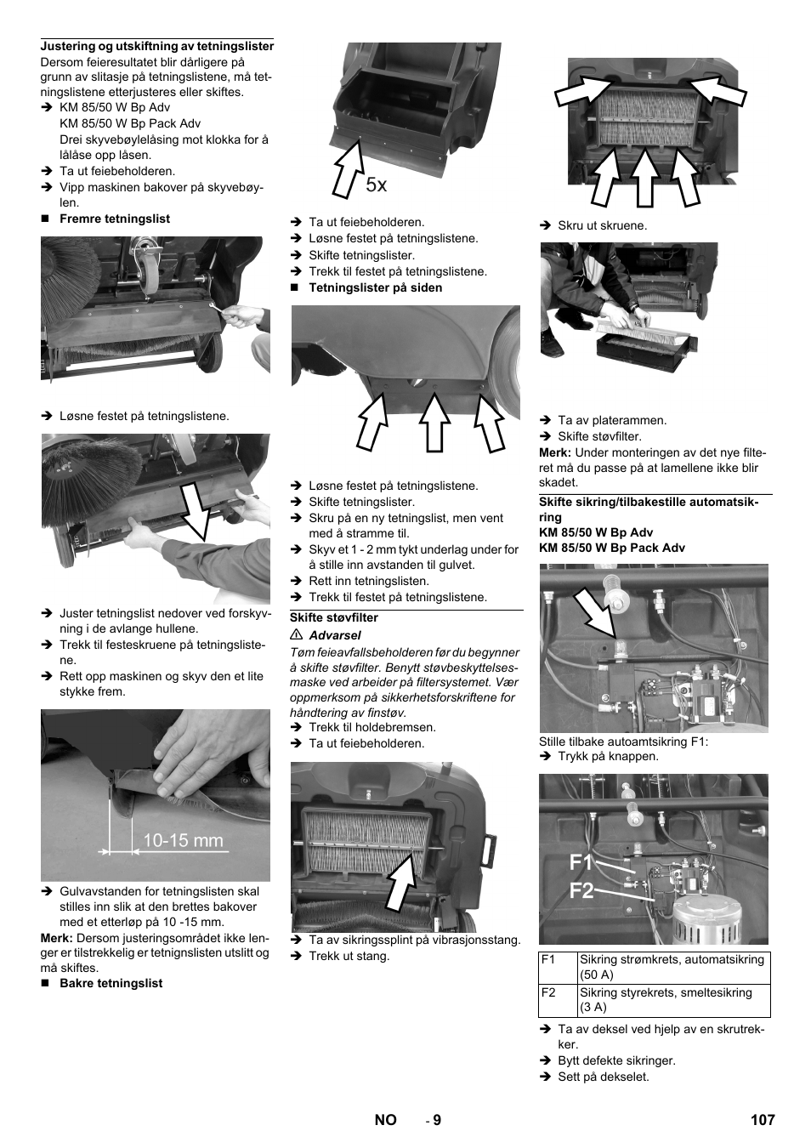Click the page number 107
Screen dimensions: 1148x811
(x=762, y=1120)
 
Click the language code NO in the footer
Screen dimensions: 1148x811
(x=385, y=1120)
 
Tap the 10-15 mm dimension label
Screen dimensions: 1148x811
(x=183, y=841)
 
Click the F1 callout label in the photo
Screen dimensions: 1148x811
(x=581, y=862)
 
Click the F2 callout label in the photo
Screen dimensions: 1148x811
(x=581, y=891)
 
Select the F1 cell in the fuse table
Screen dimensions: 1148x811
(x=557, y=967)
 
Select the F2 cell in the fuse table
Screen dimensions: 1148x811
(x=557, y=1000)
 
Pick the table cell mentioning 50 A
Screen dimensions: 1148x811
(x=672, y=967)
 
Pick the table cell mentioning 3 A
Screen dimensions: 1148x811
(x=672, y=1000)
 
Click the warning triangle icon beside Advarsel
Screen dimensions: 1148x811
(x=297, y=635)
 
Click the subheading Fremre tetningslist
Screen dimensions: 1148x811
(x=114, y=219)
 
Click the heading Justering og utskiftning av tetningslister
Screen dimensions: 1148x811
(x=157, y=46)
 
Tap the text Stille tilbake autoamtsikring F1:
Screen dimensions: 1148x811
(x=623, y=742)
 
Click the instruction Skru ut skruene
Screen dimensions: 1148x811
(x=602, y=226)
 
